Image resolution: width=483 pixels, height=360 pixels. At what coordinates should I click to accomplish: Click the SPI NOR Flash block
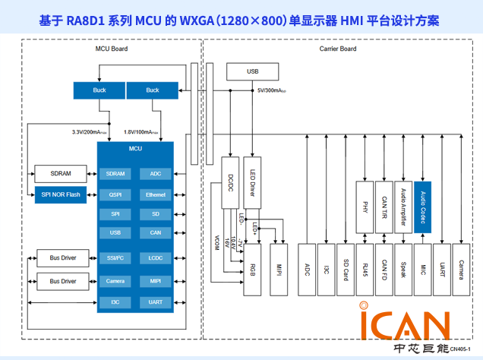coord(62,194)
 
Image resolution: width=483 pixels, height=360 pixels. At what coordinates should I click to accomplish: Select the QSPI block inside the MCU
coord(115,194)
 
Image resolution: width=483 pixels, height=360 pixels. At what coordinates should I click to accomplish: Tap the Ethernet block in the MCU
coord(156,194)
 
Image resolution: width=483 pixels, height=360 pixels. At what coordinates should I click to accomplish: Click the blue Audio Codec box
coord(423,206)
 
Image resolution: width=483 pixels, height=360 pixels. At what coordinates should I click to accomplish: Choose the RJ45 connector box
coord(365,269)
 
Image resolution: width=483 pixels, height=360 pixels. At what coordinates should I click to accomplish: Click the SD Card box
coord(346,269)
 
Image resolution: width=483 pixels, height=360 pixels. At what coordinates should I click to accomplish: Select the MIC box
coord(423,269)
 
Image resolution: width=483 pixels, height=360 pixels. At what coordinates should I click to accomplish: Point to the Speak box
coord(403,269)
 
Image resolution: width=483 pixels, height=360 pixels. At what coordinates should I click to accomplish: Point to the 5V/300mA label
coord(272,90)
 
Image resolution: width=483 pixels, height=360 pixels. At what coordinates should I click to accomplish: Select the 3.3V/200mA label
coord(90,132)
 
